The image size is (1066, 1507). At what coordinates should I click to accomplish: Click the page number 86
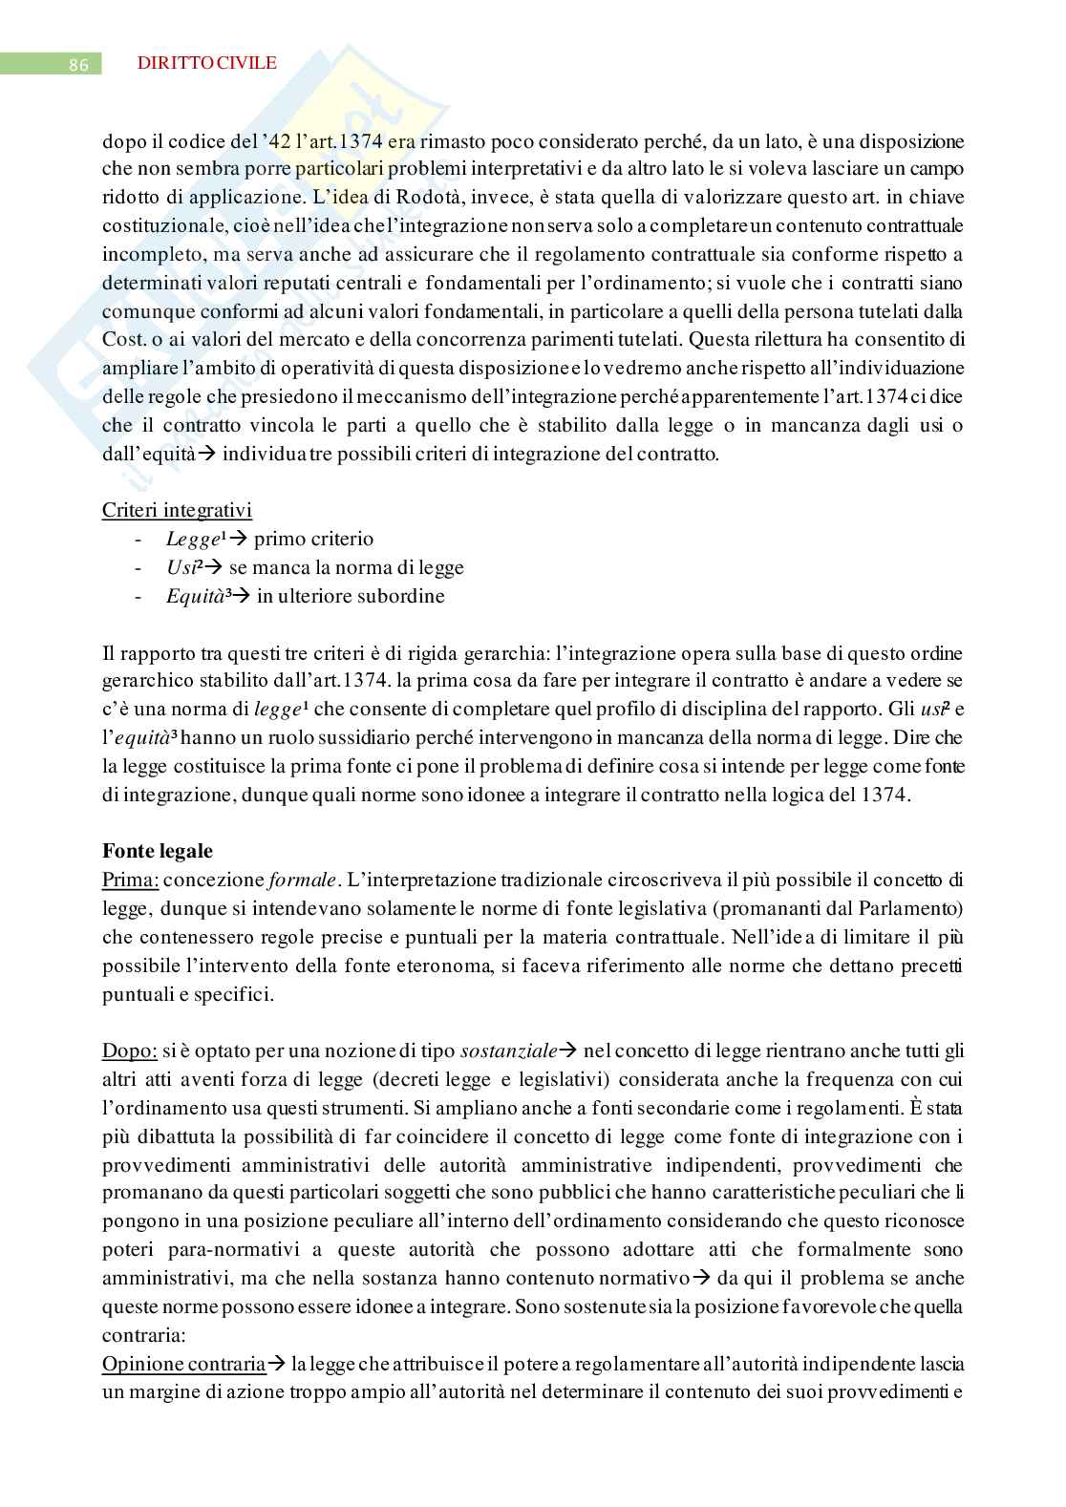pyautogui.click(x=79, y=65)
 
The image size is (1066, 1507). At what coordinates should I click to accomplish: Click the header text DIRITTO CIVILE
pyautogui.click(x=207, y=63)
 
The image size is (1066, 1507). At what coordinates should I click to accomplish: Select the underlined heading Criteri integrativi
pyautogui.click(x=177, y=510)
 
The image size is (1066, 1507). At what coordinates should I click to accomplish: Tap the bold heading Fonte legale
pyautogui.click(x=157, y=851)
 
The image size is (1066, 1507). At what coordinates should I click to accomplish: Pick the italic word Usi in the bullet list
pyautogui.click(x=179, y=567)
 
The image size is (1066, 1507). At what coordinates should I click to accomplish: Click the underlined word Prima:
pyautogui.click(x=130, y=879)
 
